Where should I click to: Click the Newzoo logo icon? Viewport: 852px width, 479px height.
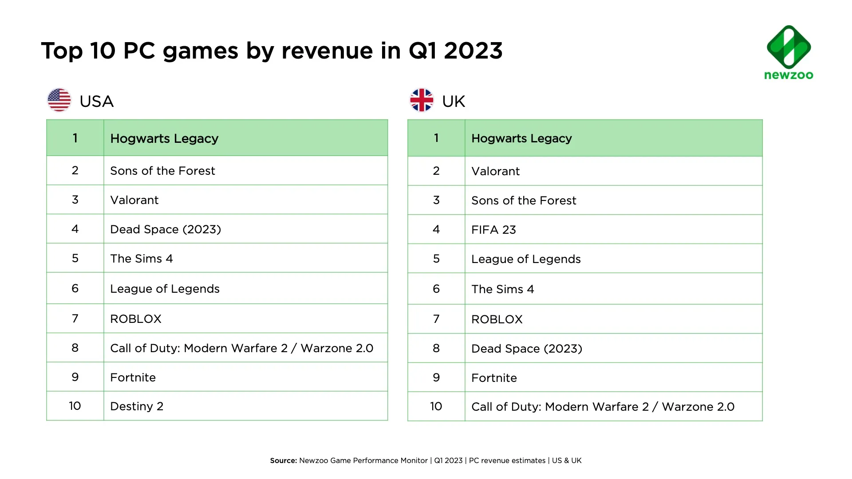coord(789,47)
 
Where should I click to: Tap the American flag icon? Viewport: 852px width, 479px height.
coord(59,100)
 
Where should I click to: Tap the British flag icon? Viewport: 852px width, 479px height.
coord(422,100)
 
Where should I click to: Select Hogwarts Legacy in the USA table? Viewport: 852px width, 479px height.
coord(164,138)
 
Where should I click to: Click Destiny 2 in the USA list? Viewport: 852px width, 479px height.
coord(137,406)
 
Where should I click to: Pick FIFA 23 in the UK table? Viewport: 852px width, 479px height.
coord(493,230)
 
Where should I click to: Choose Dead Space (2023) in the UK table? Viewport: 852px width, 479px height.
coord(526,349)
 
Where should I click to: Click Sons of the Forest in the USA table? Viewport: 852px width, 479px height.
coord(162,171)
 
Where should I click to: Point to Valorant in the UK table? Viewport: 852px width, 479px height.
coord(495,171)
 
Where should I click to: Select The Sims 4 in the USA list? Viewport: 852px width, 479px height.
coord(142,259)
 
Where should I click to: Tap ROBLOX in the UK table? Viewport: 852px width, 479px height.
coord(497,319)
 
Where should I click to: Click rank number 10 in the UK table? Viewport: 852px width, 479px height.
coord(436,406)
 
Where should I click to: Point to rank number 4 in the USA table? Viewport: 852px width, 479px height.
coord(75,229)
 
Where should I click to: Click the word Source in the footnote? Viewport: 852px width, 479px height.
coord(283,460)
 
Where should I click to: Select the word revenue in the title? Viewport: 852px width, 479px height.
coord(327,51)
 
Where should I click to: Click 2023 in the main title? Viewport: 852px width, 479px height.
coord(473,51)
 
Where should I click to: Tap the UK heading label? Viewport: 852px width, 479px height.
coord(454,102)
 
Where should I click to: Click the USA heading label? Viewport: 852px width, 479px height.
coord(97,102)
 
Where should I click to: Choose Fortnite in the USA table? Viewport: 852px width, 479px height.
coord(133,377)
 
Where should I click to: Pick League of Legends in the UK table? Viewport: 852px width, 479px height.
coord(526,259)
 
